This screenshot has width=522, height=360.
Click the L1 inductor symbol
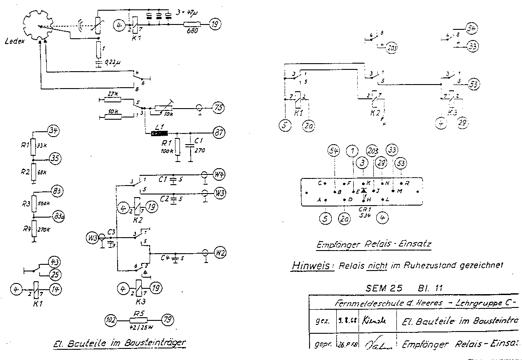[x=159, y=133]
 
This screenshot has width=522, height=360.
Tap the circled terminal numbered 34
[x=53, y=130]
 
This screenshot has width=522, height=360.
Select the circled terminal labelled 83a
[x=58, y=217]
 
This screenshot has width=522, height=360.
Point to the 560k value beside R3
[x=43, y=204]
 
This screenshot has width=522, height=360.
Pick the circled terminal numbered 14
[x=56, y=290]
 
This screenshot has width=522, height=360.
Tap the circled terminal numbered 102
[x=111, y=320]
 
